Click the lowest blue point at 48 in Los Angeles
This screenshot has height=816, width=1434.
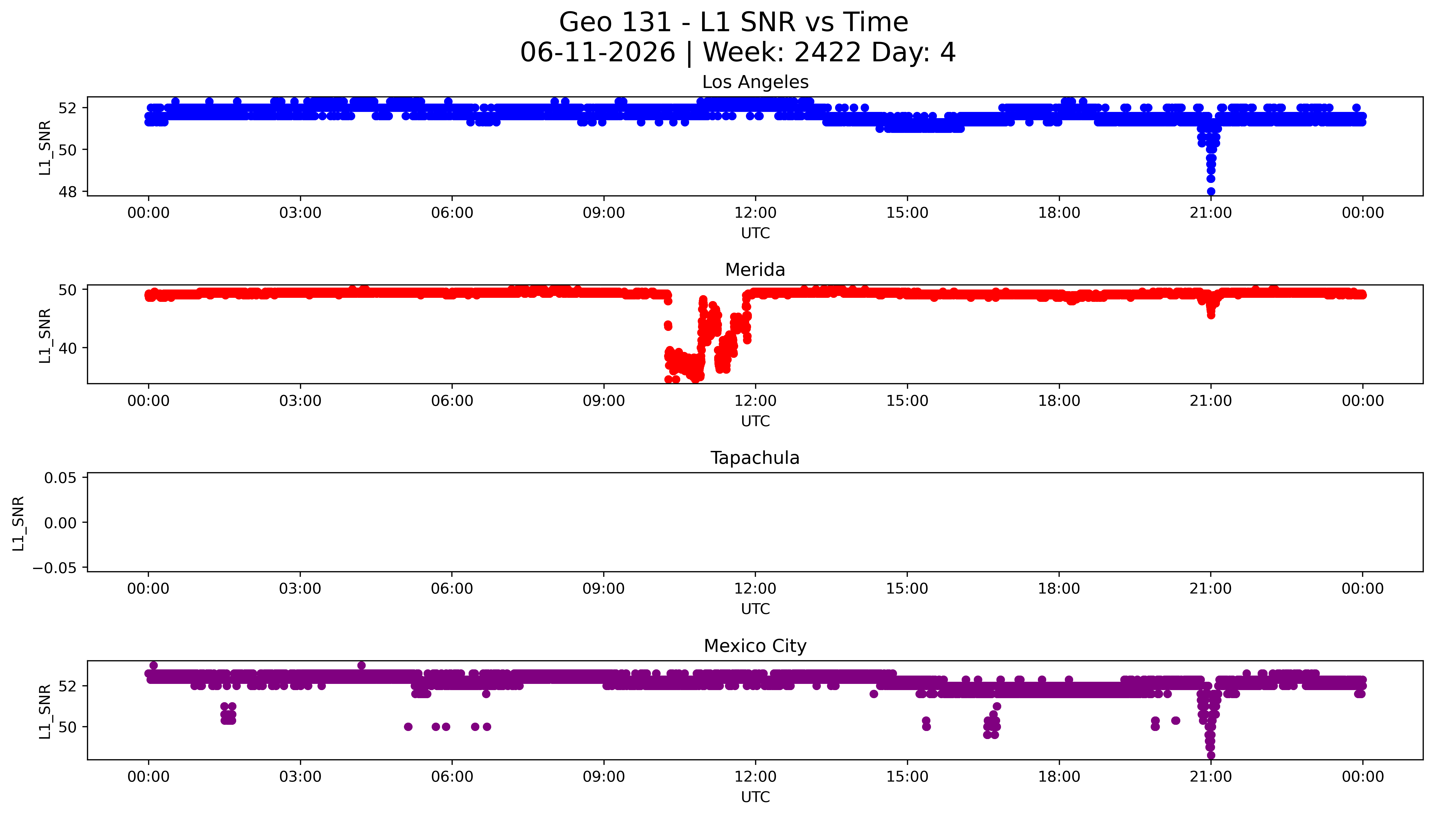point(1211,192)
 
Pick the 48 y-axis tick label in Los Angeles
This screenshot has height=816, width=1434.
point(68,192)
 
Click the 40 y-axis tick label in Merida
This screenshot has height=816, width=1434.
point(68,348)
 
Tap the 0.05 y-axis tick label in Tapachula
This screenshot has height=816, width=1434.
point(61,478)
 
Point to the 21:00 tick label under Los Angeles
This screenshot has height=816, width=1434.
point(1211,213)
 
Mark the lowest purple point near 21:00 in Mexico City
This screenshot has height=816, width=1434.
point(1211,755)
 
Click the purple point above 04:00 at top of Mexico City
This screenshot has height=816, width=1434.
point(361,665)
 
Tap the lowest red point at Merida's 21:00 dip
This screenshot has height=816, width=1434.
point(1211,315)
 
